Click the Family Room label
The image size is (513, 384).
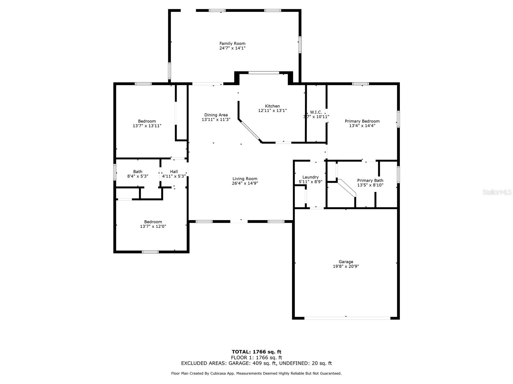coord(232,44)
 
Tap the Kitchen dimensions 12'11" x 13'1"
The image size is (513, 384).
coord(272,110)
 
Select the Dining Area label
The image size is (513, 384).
coord(216,115)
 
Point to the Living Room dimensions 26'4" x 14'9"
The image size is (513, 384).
coord(245,183)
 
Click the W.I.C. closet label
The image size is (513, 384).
coord(316,112)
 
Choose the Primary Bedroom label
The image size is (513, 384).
coord(362,121)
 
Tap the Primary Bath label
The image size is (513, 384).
coord(370,180)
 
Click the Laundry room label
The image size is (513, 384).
coord(310,177)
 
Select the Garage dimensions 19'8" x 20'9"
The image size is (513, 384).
coord(346,266)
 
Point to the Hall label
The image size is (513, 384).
coord(174,172)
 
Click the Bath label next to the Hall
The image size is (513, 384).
coord(138,172)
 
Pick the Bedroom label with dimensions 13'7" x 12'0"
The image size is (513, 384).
coord(153,222)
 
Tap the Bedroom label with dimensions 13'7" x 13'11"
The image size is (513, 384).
coord(147,121)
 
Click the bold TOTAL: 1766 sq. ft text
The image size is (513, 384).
coord(256,352)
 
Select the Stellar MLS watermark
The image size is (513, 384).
coord(497,192)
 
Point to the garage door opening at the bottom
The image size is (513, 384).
coord(347,318)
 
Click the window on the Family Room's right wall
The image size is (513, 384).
coord(300,44)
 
